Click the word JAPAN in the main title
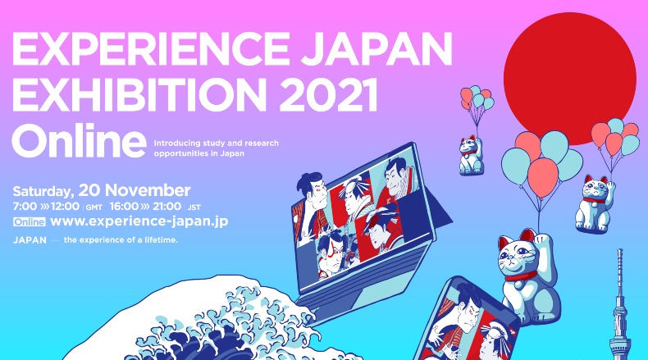[376, 48]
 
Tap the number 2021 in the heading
[331, 93]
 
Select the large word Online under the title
[79, 139]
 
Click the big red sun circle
[569, 79]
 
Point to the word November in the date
[148, 190]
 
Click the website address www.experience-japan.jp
[139, 221]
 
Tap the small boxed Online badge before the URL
[29, 222]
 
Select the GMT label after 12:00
[94, 207]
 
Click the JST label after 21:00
[194, 207]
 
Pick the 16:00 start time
[124, 207]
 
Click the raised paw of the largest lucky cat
[543, 243]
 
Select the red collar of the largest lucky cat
[521, 276]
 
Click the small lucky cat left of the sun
[471, 154]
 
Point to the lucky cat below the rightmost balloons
[593, 203]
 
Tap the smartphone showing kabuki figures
[467, 321]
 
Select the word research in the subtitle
[262, 144]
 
